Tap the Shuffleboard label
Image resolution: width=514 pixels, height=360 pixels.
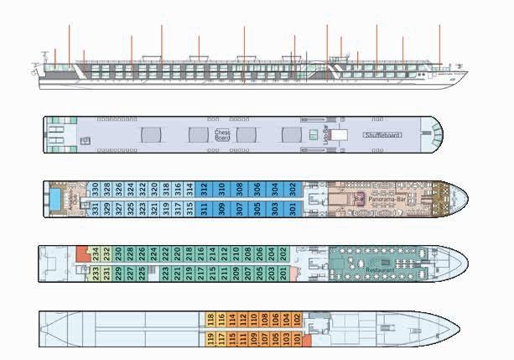[382, 134]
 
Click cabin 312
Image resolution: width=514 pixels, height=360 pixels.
[204, 188]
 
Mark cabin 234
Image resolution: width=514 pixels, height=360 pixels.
[96, 252]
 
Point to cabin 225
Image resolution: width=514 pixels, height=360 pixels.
[143, 273]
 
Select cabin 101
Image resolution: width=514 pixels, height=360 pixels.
[298, 339]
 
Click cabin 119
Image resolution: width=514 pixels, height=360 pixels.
[210, 339]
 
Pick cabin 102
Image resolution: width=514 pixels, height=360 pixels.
[298, 319]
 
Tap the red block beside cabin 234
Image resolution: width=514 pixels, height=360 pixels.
[81, 252]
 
